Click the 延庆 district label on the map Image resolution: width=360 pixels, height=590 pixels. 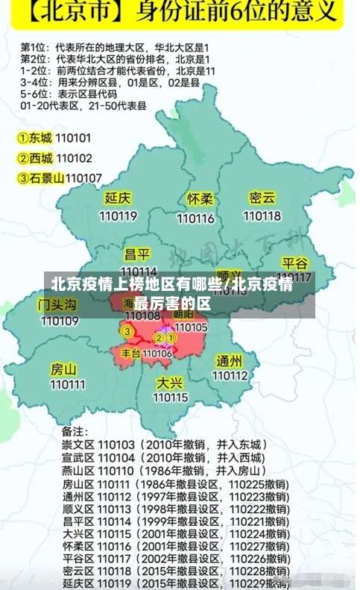(x=118, y=198)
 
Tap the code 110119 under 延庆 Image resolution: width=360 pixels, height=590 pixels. (x=118, y=216)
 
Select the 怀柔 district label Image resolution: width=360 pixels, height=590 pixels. (x=200, y=199)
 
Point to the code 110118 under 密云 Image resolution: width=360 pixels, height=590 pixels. (x=262, y=216)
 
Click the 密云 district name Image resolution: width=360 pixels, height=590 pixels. (x=262, y=198)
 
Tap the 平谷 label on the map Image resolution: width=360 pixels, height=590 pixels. (x=294, y=263)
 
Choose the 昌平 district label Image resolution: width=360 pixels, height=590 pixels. (x=137, y=254)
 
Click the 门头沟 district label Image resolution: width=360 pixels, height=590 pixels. (x=57, y=304)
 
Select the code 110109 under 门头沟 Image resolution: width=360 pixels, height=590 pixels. (x=60, y=321)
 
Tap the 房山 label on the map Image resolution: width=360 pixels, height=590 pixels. (x=63, y=368)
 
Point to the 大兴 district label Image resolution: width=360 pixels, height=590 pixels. (x=170, y=382)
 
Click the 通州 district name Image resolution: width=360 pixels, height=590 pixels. (x=229, y=360)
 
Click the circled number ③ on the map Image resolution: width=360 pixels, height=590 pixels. (x=127, y=331)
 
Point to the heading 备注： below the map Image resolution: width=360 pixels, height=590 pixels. (x=75, y=431)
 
